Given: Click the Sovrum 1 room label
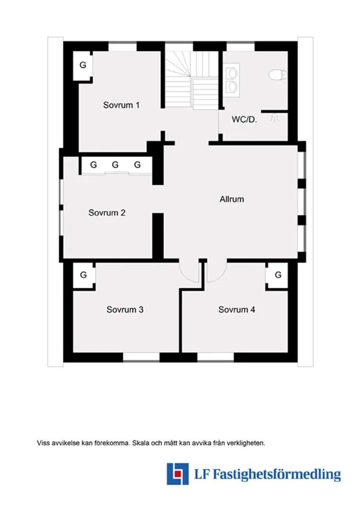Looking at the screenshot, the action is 121,105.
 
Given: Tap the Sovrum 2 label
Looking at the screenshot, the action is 107,213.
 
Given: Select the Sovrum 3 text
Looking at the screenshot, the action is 125,309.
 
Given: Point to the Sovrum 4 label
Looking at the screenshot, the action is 237,309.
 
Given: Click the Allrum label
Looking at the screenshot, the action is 232,199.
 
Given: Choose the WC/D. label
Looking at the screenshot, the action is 244,120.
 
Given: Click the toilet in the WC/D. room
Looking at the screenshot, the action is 278,75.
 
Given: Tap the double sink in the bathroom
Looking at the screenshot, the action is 232,80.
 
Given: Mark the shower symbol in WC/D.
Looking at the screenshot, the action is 274,118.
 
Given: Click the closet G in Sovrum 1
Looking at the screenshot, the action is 83,65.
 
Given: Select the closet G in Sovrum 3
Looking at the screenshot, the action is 83,275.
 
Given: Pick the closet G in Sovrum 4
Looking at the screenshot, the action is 278,275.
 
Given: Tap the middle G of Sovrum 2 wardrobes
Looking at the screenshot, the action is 115,165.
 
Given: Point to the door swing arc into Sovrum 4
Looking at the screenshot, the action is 221,275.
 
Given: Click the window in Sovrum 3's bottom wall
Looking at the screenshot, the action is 141,357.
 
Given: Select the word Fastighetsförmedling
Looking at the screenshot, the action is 277,475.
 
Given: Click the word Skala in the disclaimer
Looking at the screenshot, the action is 140,443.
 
